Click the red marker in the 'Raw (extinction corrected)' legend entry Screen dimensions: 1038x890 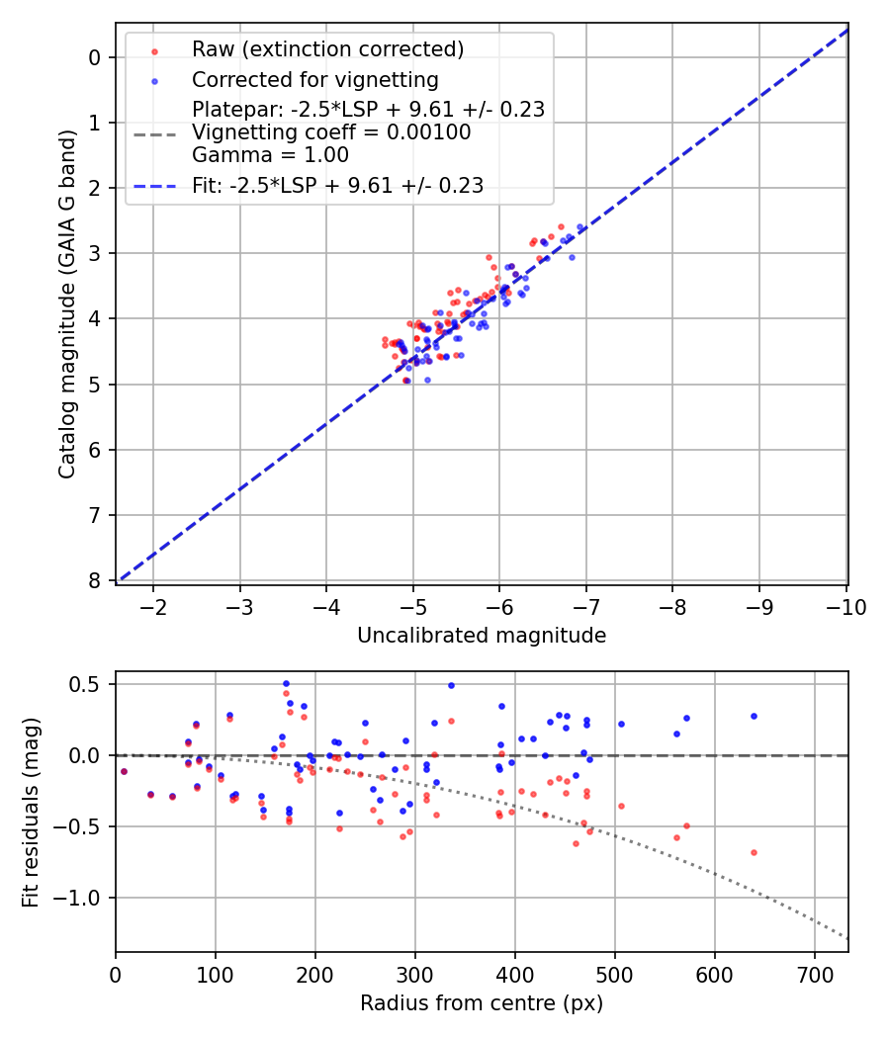click(154, 49)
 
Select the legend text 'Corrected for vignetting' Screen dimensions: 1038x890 click(314, 79)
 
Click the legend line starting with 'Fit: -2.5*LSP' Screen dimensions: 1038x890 click(337, 186)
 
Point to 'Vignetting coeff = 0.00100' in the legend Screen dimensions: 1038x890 click(331, 132)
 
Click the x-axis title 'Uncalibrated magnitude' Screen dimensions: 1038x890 click(482, 636)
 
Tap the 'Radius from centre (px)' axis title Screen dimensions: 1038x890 click(482, 1003)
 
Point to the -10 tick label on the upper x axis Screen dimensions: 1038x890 click(846, 606)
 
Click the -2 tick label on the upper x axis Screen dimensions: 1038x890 click(154, 606)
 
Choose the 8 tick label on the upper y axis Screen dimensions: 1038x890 click(95, 580)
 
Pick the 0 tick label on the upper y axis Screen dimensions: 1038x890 click(95, 57)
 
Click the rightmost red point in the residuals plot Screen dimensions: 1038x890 click(754, 852)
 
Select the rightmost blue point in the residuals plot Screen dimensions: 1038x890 click(754, 716)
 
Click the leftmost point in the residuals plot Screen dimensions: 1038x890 click(124, 771)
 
